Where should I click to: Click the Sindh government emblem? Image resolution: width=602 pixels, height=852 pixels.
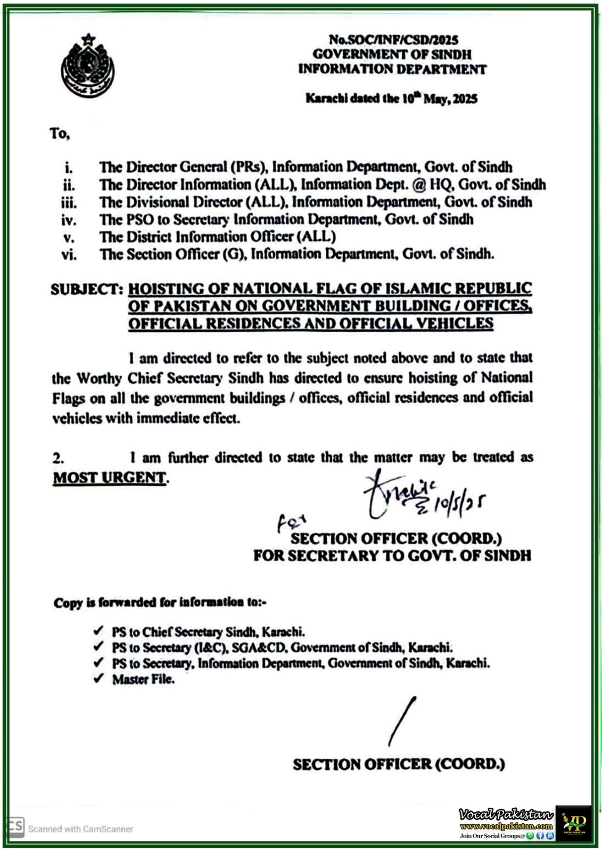[87, 65]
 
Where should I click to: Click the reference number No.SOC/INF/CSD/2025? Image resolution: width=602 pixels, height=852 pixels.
[393, 39]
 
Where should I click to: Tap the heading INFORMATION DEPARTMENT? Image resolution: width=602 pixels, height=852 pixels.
[392, 69]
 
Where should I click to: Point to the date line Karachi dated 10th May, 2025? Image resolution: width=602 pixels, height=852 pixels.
[391, 99]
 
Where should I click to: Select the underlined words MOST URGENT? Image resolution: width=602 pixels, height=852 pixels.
[109, 478]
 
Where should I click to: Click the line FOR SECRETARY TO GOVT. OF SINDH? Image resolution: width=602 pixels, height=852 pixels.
[392, 556]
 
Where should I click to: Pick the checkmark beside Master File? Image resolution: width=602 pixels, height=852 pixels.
[98, 679]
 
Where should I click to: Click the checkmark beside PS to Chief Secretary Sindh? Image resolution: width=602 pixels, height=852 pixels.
[98, 631]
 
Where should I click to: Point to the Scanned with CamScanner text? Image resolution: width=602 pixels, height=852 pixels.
[80, 829]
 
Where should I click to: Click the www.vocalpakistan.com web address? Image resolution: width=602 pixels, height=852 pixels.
[506, 826]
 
